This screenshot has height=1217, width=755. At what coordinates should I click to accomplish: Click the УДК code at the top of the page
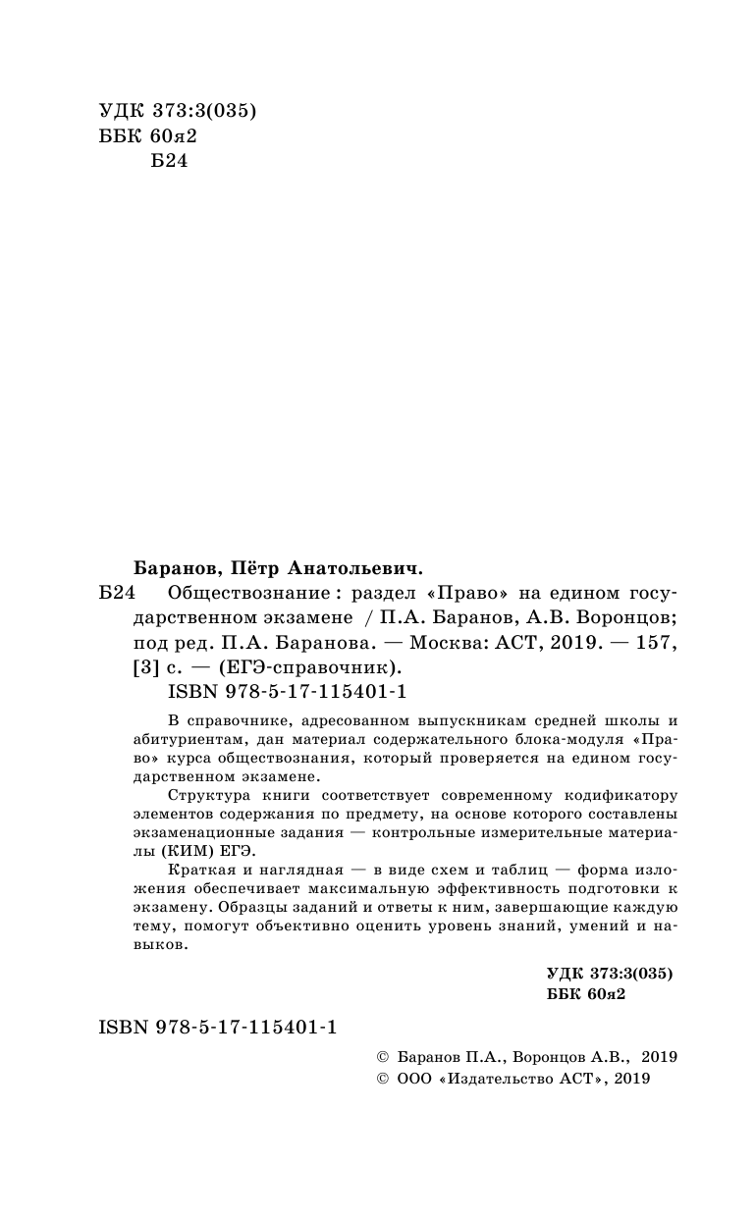tap(178, 112)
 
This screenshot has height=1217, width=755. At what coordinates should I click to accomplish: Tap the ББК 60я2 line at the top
tap(149, 136)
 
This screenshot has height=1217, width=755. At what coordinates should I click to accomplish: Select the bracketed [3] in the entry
tap(143, 668)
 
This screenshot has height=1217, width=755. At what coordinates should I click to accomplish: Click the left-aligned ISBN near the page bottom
tap(218, 1027)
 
